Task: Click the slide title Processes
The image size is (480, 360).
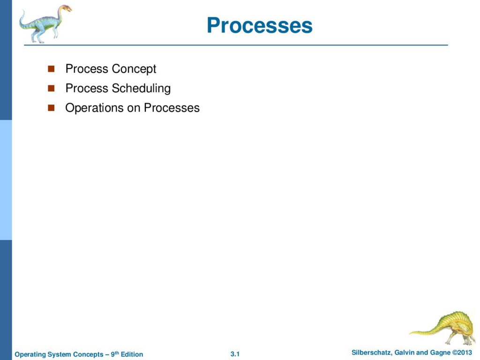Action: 260,25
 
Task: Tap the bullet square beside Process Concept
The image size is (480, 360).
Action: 51,68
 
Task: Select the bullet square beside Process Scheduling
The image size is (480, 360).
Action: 51,88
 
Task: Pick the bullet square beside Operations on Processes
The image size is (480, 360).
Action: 51,108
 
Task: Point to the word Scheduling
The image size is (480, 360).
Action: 141,89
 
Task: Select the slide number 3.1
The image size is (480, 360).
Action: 235,354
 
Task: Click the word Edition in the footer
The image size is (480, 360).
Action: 132,354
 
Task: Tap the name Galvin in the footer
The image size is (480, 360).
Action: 405,352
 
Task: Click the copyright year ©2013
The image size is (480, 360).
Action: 462,352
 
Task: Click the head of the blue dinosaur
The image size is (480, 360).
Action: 66,8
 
